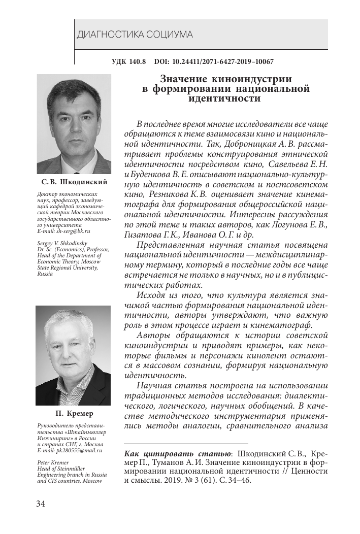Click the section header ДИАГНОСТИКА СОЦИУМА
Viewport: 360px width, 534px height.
click(x=135, y=35)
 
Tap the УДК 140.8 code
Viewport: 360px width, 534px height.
click(x=128, y=62)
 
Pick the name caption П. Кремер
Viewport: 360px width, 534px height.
click(x=74, y=413)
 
